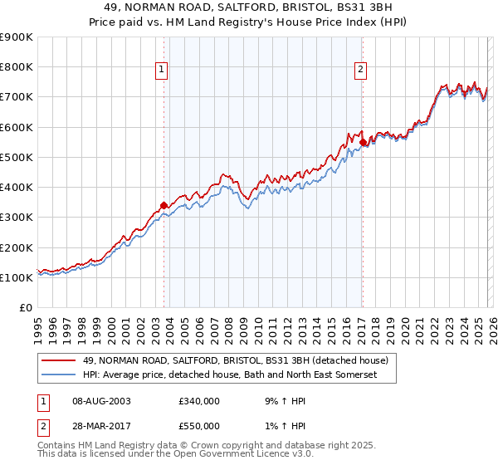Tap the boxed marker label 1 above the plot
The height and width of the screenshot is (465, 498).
[163, 71]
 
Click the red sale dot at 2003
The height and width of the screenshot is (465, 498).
[164, 205]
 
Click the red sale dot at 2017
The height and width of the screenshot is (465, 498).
[363, 142]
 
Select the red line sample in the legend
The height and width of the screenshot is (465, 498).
[60, 360]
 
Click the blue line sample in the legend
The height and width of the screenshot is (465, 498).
[60, 375]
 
